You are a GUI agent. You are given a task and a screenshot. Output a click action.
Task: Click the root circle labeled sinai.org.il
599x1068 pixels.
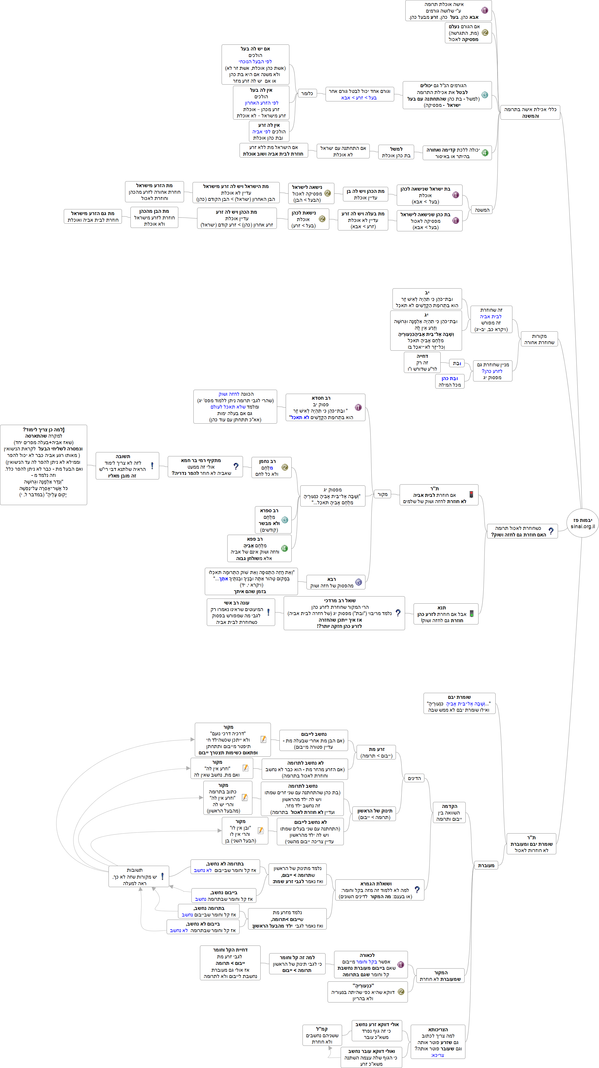tap(582, 523)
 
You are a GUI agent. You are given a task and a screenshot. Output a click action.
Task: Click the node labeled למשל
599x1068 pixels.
tap(396, 152)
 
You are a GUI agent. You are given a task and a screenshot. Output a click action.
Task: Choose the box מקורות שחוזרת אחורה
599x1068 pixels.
tap(539, 339)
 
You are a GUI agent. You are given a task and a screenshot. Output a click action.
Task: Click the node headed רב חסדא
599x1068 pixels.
tap(325, 408)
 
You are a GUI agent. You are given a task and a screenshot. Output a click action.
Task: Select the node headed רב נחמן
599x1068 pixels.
tap(271, 468)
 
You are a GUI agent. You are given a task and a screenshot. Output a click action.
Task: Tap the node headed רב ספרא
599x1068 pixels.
tap(273, 520)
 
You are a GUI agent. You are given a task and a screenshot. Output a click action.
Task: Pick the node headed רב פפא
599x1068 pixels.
tap(259, 548)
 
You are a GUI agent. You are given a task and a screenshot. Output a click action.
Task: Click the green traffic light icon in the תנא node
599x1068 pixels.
tap(471, 614)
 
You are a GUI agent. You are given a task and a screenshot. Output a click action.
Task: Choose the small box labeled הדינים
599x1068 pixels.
tap(414, 778)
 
